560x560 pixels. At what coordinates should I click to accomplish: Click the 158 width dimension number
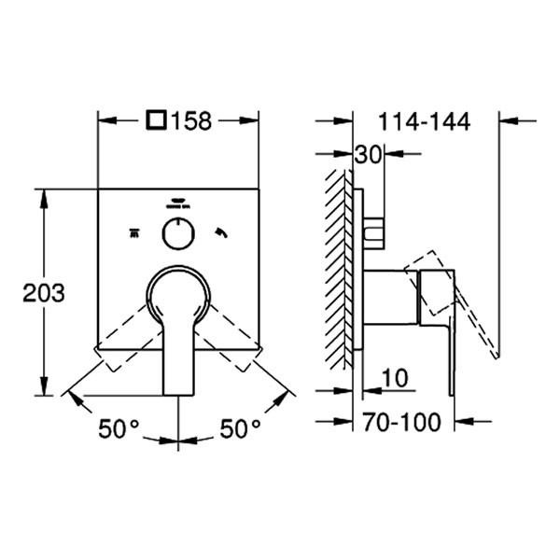(191, 120)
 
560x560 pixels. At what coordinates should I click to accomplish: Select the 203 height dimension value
(44, 293)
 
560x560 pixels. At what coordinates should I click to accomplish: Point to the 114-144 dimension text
(424, 121)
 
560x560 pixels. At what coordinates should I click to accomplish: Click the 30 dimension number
(369, 155)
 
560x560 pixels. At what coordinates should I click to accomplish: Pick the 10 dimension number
(395, 378)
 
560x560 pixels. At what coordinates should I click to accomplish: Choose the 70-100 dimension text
(401, 422)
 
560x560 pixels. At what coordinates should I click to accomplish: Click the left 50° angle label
(119, 428)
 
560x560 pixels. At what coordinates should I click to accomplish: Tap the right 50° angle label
(240, 428)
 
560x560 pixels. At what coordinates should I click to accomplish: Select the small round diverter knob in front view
(178, 233)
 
